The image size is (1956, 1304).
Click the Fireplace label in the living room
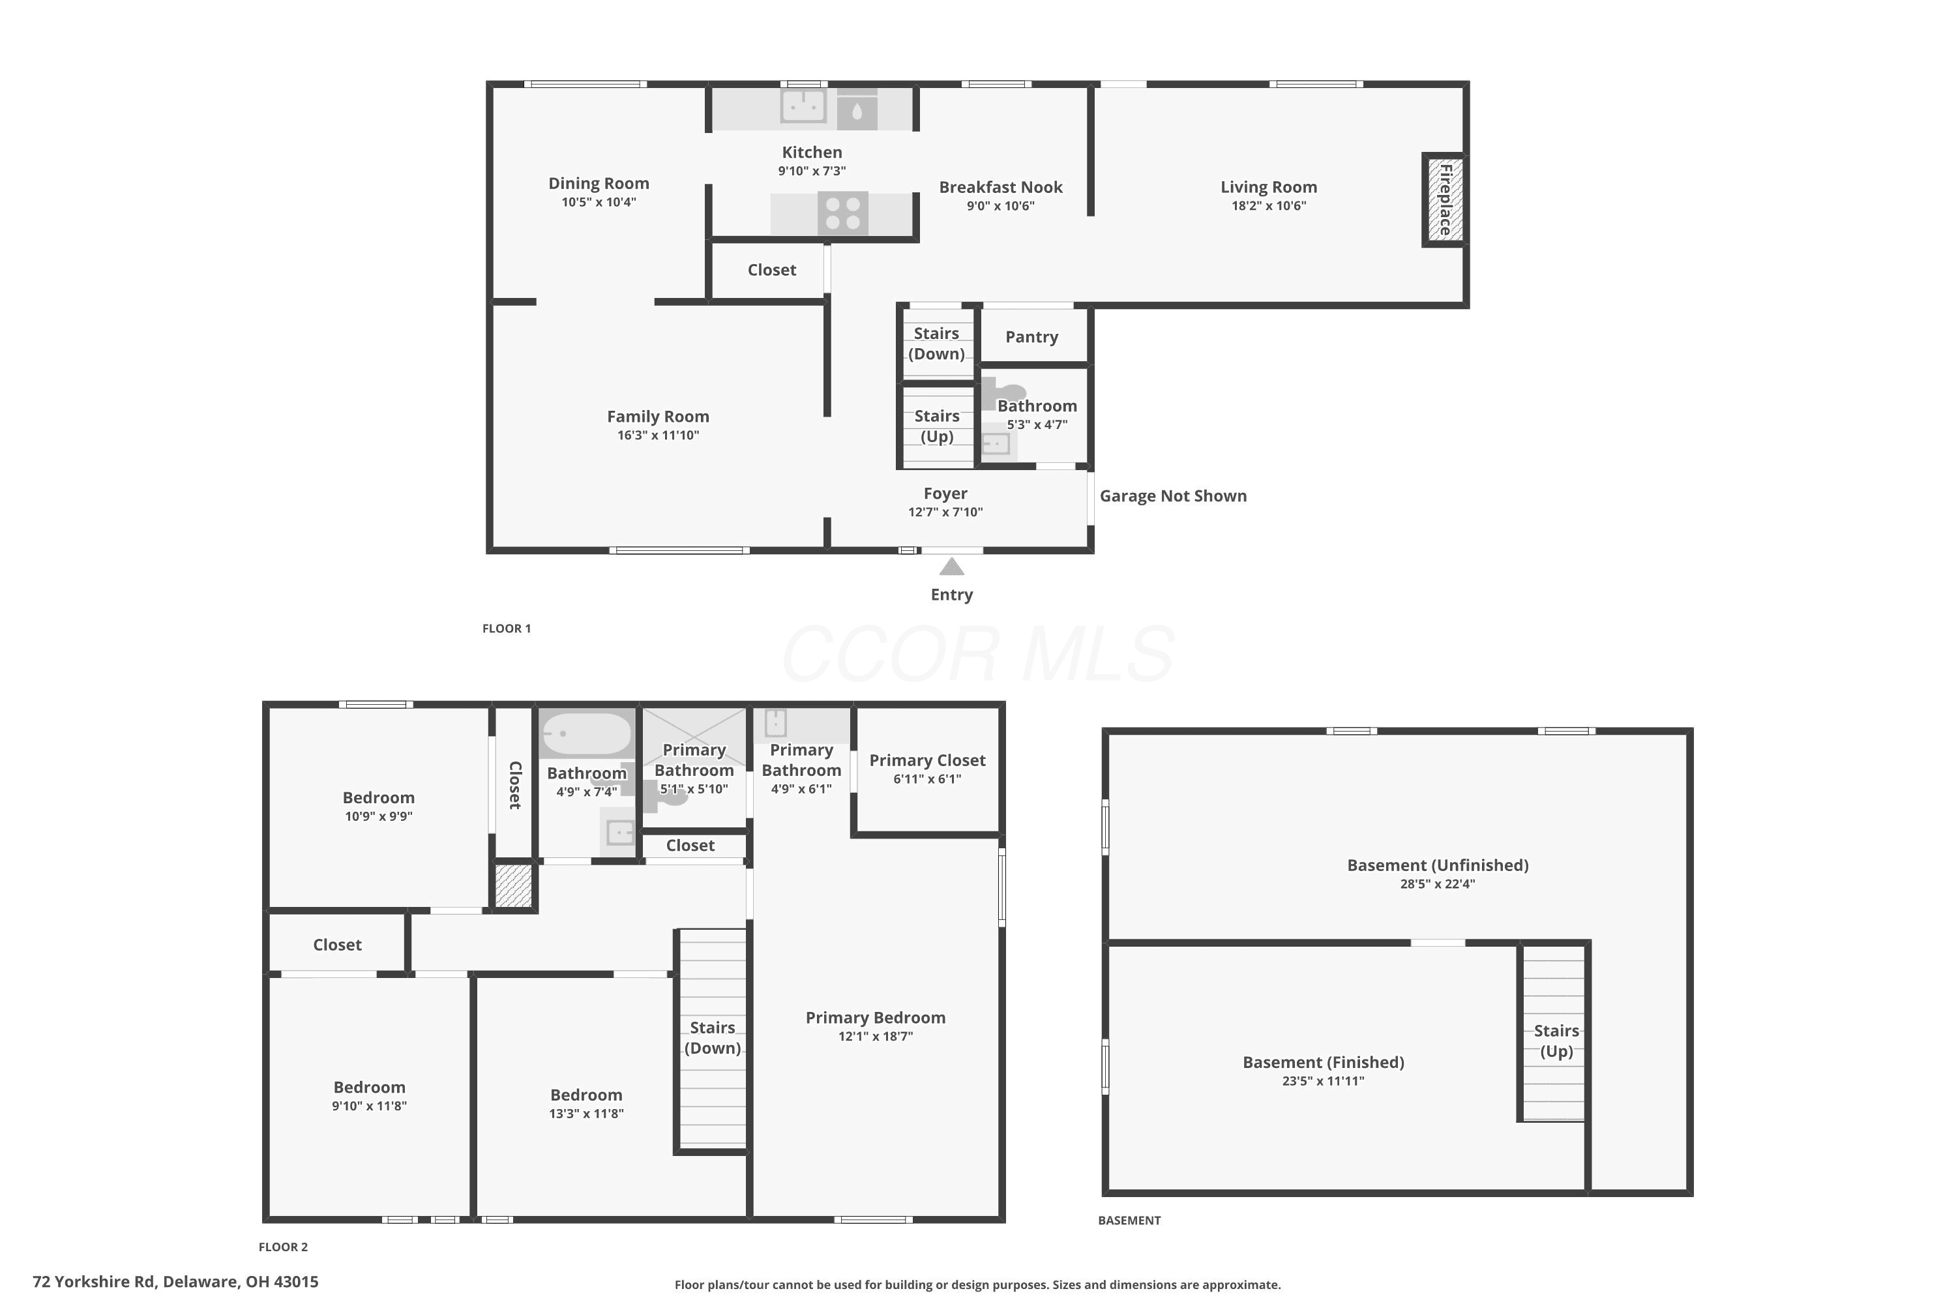(x=1445, y=200)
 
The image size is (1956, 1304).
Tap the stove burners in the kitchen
(x=843, y=213)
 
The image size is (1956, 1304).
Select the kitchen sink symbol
(x=803, y=106)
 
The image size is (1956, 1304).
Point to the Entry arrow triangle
(x=951, y=567)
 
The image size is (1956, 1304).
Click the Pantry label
(x=1031, y=337)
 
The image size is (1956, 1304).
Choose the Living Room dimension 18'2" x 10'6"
(x=1268, y=205)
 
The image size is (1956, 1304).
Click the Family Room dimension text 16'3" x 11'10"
(x=658, y=435)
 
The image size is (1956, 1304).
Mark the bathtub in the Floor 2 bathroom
(x=586, y=733)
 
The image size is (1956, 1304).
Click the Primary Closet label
(x=927, y=760)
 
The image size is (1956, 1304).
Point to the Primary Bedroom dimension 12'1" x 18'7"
(x=875, y=1036)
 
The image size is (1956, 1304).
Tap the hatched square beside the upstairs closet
(x=513, y=885)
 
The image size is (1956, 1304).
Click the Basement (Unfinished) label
(x=1437, y=865)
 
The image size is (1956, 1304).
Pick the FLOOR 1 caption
(x=507, y=629)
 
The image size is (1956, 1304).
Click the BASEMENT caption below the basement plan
(x=1129, y=1221)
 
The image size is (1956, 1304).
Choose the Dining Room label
(x=598, y=184)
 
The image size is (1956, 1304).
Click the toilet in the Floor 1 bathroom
(x=1005, y=393)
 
